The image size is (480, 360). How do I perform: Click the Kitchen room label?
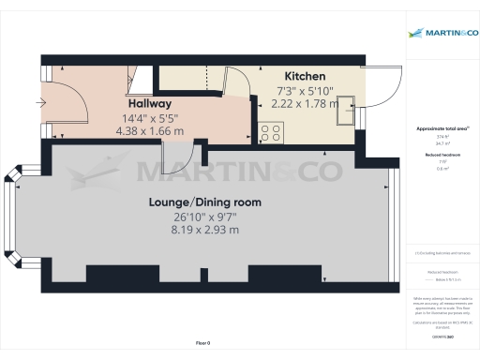tap(305, 75)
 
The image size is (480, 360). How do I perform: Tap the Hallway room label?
tap(149, 103)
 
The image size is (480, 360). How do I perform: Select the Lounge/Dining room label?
tap(204, 202)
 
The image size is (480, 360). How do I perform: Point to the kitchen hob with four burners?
tap(272, 133)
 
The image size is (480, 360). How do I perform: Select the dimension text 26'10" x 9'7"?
tap(204, 216)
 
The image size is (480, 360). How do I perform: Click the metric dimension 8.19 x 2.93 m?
tap(204, 230)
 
